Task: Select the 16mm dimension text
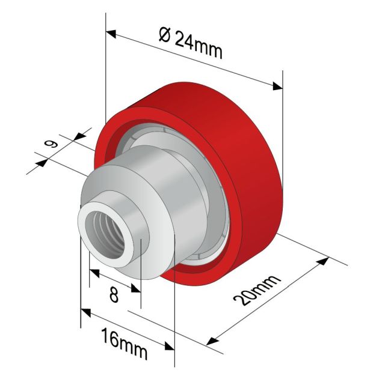click(x=125, y=344)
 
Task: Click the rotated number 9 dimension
click(x=51, y=144)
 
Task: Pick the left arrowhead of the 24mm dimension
click(x=111, y=34)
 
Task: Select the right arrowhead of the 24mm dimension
click(x=278, y=86)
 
